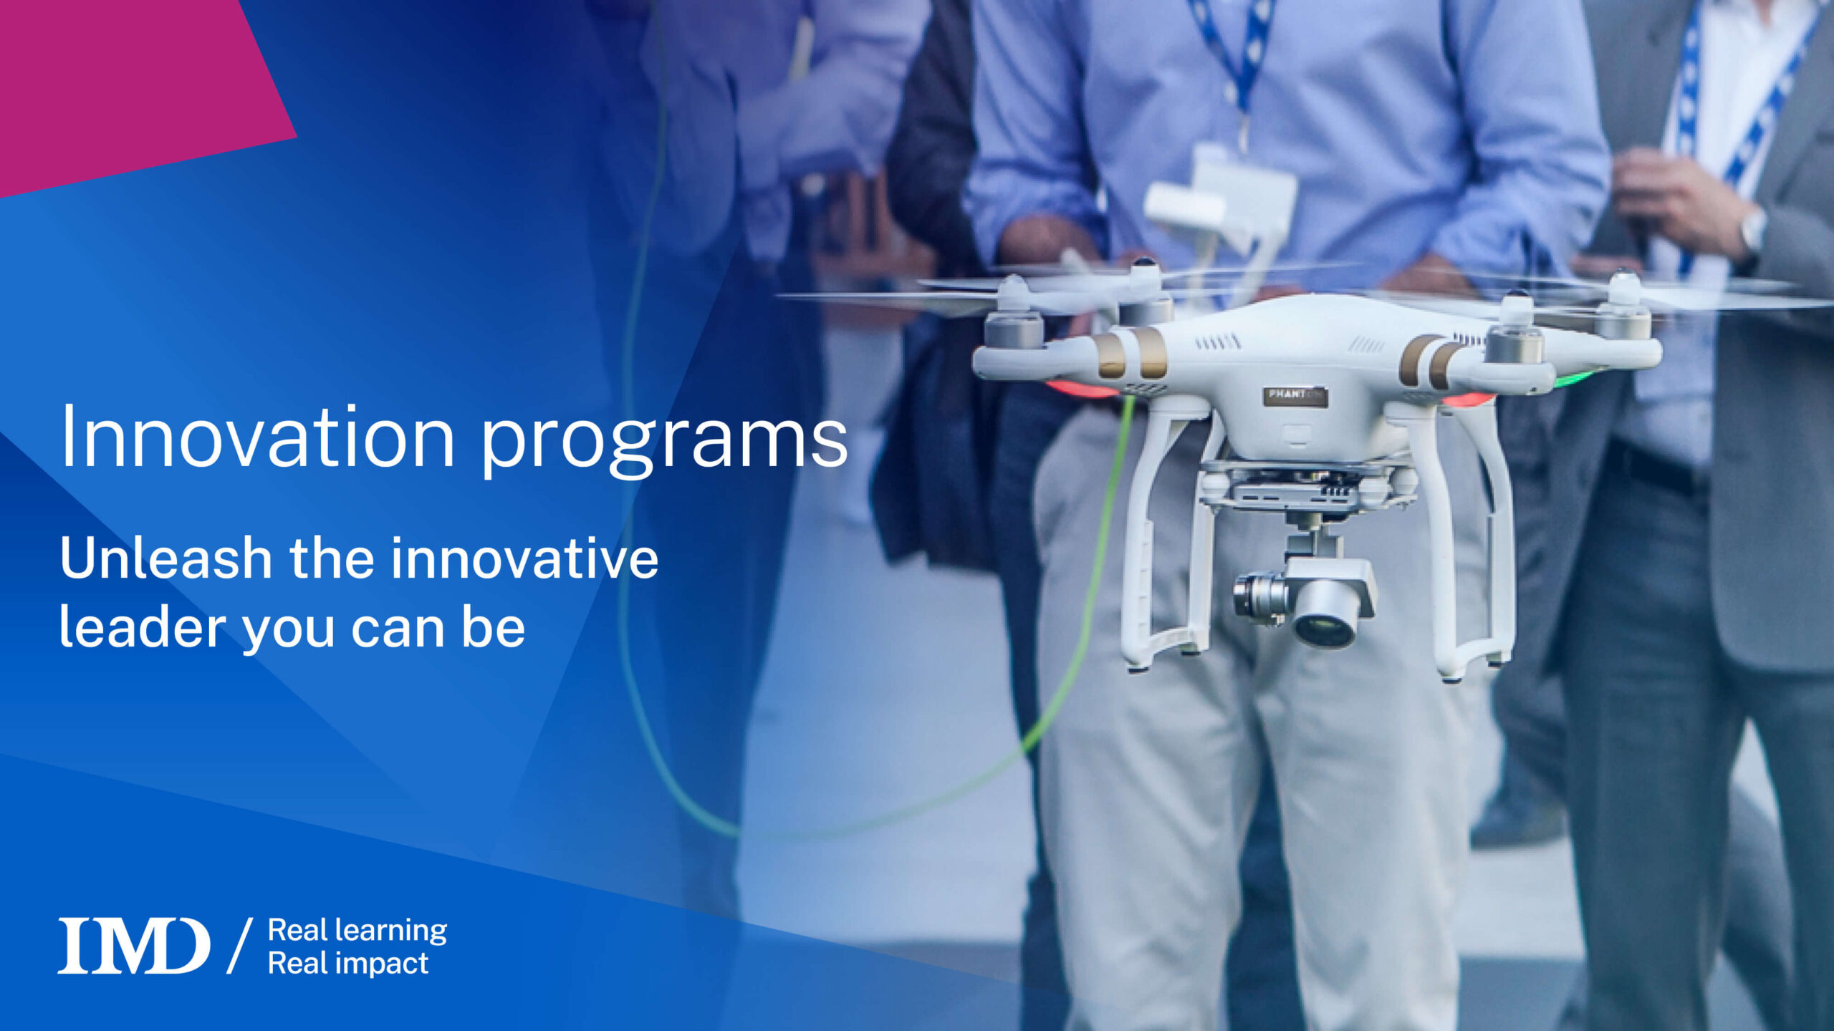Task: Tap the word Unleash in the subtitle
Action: click(165, 558)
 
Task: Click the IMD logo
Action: click(134, 945)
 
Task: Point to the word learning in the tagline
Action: click(391, 931)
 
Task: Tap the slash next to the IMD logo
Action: click(240, 946)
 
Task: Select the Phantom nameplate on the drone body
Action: click(1295, 396)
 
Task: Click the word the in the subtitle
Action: click(330, 558)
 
